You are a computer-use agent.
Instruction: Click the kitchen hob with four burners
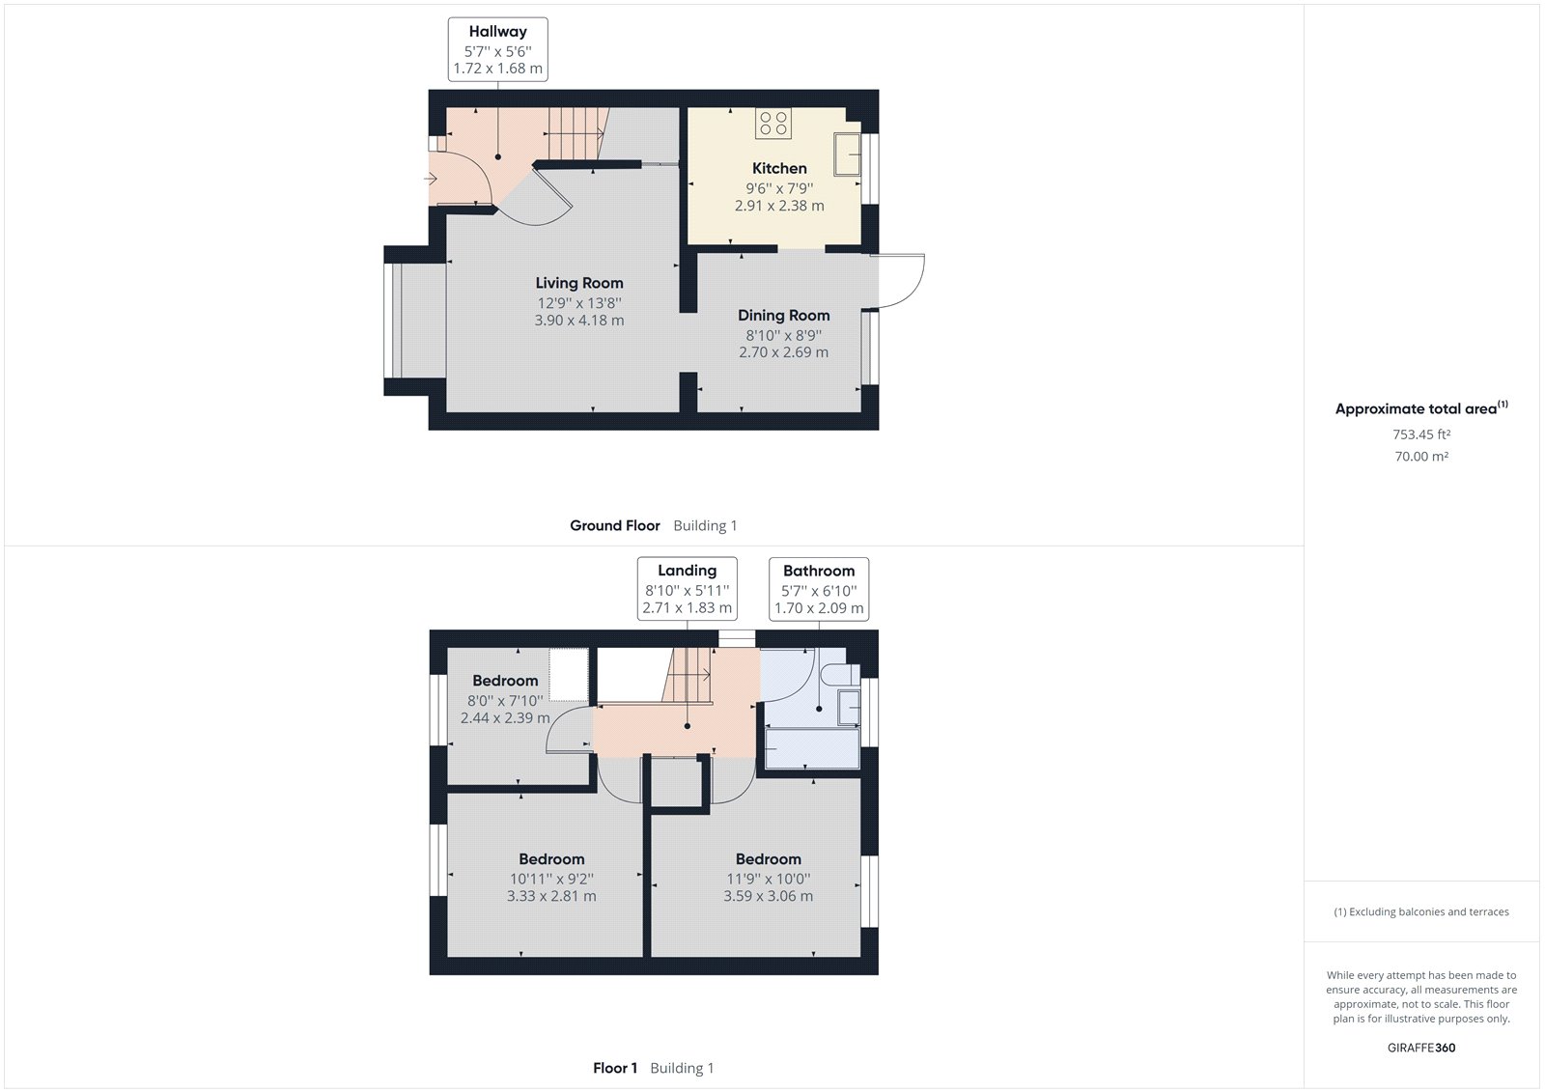pyautogui.click(x=773, y=123)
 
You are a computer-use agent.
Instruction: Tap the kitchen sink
pyautogui.click(x=847, y=154)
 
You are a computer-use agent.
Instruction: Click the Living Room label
pyautogui.click(x=579, y=283)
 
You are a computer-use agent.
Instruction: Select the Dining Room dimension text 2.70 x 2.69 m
pyautogui.click(x=783, y=352)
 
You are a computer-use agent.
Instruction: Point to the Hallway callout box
pyautogui.click(x=497, y=50)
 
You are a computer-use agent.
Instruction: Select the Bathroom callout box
pyautogui.click(x=819, y=589)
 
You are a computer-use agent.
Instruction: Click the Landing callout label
pyautogui.click(x=687, y=571)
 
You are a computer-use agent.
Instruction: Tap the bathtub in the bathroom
pyautogui.click(x=812, y=749)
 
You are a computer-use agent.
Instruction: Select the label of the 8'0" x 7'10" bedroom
pyautogui.click(x=505, y=681)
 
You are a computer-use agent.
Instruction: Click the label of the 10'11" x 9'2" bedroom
pyautogui.click(x=551, y=859)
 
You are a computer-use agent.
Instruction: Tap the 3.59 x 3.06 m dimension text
pyautogui.click(x=768, y=896)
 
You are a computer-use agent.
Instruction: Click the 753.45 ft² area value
pyautogui.click(x=1421, y=434)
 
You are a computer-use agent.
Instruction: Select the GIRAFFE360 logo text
pyautogui.click(x=1420, y=1048)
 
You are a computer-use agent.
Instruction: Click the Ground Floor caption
pyautogui.click(x=615, y=525)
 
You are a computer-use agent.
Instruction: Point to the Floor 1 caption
pyautogui.click(x=615, y=1068)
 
